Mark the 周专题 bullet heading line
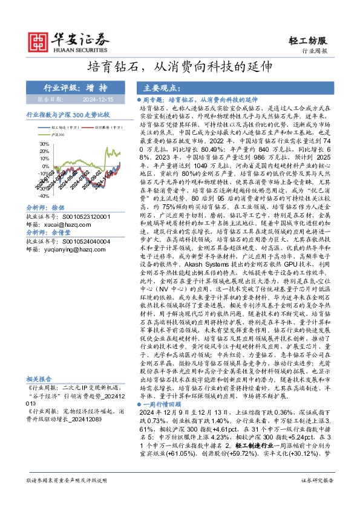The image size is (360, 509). click(200, 98)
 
